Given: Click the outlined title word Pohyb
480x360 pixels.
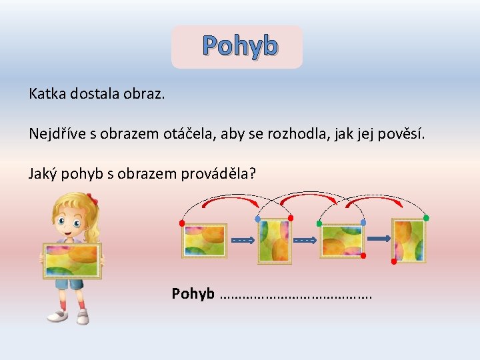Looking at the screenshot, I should (x=240, y=46).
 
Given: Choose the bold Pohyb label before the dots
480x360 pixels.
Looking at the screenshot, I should (x=193, y=293).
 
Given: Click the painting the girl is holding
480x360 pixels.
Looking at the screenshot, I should (x=71, y=260).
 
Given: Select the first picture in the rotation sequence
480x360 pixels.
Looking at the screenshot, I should (x=205, y=240).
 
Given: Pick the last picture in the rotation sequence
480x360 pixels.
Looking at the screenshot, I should (x=408, y=240).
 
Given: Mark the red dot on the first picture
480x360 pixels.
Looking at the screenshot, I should (x=182, y=223).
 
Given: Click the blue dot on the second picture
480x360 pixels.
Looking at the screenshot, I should (x=258, y=219).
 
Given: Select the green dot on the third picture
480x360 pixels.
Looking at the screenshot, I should (x=319, y=223).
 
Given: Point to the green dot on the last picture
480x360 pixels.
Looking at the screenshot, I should (x=426, y=218).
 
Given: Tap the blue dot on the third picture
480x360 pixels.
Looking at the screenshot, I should (x=363, y=223).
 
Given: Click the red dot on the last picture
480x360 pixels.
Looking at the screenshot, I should (x=393, y=261).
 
